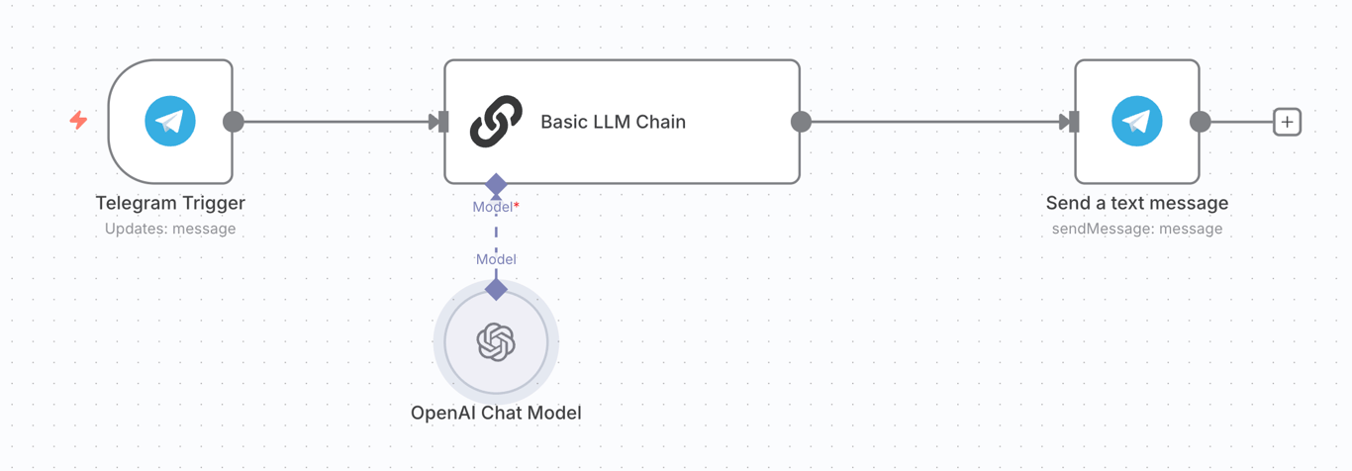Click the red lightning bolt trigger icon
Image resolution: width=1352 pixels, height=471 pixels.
(x=78, y=121)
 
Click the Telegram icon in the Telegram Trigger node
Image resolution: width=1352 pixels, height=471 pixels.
(x=170, y=122)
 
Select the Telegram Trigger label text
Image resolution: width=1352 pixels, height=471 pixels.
(x=170, y=203)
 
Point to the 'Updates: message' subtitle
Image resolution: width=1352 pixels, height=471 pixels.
(x=170, y=229)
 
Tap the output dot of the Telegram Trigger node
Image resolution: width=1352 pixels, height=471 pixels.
(x=234, y=122)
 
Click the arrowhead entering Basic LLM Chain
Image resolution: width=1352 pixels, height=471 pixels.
(x=436, y=122)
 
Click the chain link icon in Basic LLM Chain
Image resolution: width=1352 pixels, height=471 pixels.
(x=496, y=122)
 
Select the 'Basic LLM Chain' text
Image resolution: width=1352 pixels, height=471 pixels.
(x=613, y=122)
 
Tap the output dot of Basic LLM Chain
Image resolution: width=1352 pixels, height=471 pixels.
(x=801, y=122)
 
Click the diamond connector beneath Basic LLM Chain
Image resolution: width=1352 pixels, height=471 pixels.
(x=496, y=184)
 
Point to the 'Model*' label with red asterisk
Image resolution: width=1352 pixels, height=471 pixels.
(x=496, y=207)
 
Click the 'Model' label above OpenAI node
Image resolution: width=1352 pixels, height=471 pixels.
(x=496, y=259)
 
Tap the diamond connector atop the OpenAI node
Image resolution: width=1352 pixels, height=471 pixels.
(x=496, y=289)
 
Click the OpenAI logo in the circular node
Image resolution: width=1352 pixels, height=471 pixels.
(x=496, y=342)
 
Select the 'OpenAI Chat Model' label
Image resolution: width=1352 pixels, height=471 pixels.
(x=496, y=413)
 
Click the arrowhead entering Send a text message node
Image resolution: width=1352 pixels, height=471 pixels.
(x=1067, y=122)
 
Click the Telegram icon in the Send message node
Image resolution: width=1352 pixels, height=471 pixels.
(x=1137, y=122)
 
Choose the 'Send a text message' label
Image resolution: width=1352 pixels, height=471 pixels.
(x=1137, y=203)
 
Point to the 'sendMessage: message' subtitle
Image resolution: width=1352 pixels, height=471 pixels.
(x=1137, y=229)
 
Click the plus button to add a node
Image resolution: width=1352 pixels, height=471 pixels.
(x=1287, y=122)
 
